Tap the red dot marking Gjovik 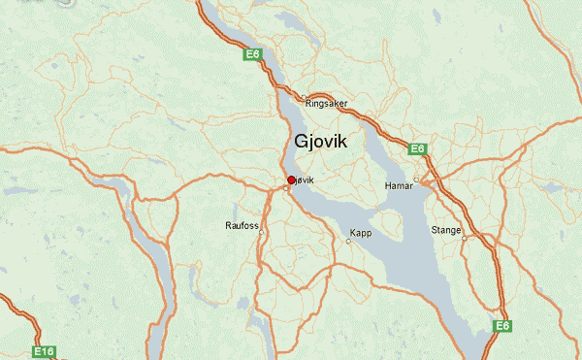click(291, 180)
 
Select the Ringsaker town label click(326, 103)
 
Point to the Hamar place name click(399, 182)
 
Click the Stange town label click(446, 230)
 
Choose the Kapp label click(361, 233)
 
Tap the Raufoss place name click(242, 225)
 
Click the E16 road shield click(44, 351)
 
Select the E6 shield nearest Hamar click(418, 148)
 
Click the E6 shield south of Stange click(502, 326)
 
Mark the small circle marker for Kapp click(348, 241)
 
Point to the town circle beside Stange click(465, 238)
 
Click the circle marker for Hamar click(416, 179)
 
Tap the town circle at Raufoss click(261, 231)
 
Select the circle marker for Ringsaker click(305, 97)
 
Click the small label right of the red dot click(305, 180)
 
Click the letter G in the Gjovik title click(303, 142)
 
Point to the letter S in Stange click(434, 230)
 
